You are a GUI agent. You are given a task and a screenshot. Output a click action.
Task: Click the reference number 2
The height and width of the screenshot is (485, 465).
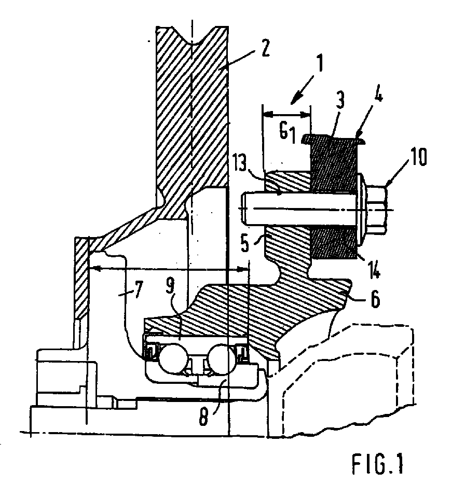[x=265, y=48]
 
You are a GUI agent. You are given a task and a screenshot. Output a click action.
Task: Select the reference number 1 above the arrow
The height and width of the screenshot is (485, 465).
[x=319, y=63]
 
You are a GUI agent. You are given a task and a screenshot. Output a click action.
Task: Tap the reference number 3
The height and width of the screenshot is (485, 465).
[x=340, y=100]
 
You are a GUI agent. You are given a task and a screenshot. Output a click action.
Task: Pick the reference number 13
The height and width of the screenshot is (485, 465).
[x=240, y=163]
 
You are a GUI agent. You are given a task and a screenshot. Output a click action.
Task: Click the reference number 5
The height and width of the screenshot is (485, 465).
[x=245, y=243]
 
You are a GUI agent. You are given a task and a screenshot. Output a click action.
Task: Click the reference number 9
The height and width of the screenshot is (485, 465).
[x=170, y=286]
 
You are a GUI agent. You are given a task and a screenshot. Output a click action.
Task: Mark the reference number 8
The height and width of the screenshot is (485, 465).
[x=203, y=417]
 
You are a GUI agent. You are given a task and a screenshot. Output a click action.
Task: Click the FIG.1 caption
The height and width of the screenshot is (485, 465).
[x=378, y=464]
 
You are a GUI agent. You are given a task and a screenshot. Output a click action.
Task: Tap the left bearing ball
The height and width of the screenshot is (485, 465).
[x=173, y=358]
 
